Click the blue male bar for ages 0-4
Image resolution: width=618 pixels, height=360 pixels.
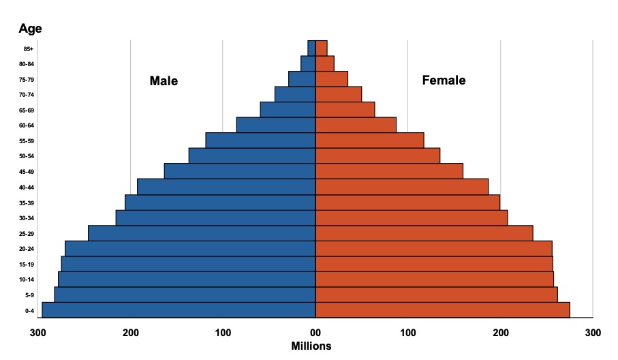[x=179, y=310]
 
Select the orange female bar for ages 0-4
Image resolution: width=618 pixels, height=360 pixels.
[x=442, y=310]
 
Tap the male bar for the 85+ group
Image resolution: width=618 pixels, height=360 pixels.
[x=311, y=48]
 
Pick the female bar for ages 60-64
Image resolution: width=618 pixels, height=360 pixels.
[x=356, y=125]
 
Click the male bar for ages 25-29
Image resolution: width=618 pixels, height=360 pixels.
[x=202, y=233]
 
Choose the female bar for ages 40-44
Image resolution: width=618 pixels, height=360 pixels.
[x=402, y=187]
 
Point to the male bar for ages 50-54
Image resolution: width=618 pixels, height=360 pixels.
[x=252, y=156]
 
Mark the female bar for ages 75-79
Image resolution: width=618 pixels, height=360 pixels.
[x=332, y=79]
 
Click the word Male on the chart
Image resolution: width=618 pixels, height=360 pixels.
[x=164, y=82]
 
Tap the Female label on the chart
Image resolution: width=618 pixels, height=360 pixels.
[x=444, y=80]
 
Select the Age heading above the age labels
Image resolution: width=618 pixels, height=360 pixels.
[x=30, y=29]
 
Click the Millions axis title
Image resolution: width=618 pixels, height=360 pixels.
[x=311, y=346]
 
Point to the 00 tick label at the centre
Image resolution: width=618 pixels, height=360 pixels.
[x=315, y=333]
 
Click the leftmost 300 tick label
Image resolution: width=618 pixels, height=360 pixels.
[x=38, y=333]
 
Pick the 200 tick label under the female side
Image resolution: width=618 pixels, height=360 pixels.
[x=501, y=333]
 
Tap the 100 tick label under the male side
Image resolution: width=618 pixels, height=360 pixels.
[x=223, y=333]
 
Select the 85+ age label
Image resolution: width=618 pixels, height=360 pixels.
[x=29, y=49]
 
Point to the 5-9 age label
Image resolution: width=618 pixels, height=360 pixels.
[x=29, y=295]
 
